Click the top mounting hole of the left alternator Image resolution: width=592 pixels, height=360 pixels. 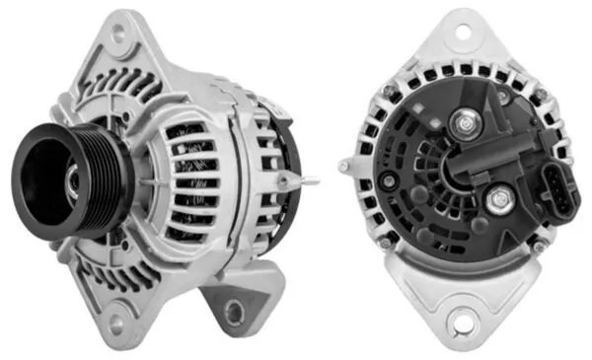tap(120, 33)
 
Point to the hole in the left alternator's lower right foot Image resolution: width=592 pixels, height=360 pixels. tap(234, 313)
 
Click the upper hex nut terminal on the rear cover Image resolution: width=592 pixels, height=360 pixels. tap(463, 124)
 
